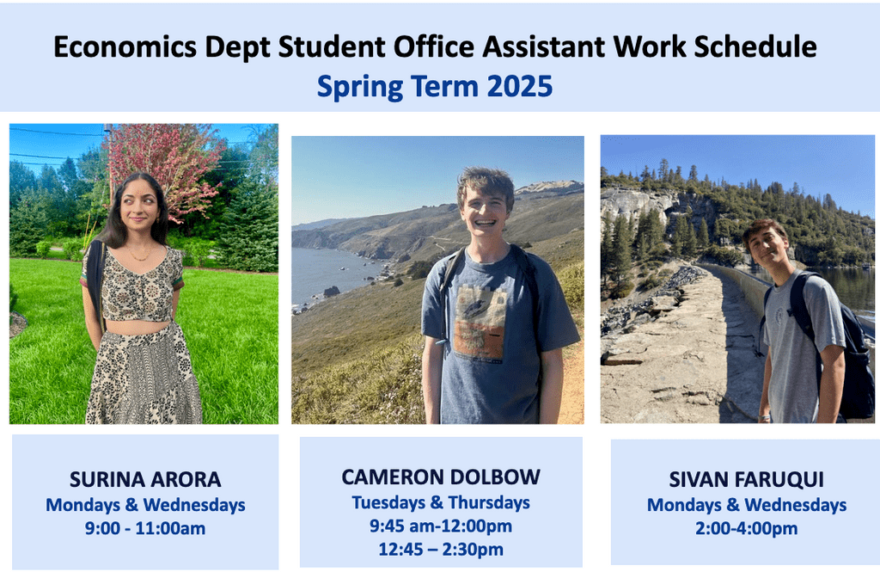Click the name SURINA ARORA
point(145,479)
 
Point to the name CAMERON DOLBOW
point(441,477)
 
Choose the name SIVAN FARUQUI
point(746,480)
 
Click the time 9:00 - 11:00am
point(145,528)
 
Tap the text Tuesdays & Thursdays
point(441,502)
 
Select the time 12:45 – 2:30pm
point(441,549)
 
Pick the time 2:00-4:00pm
point(746,528)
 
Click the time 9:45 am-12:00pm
point(441,526)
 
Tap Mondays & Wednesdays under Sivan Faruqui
point(746,505)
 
